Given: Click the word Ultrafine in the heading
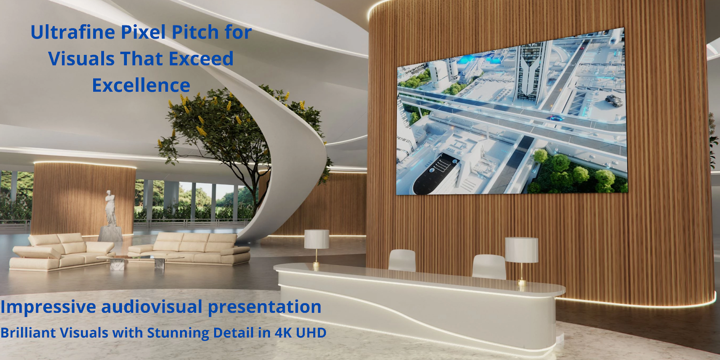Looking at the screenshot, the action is (x=73, y=32).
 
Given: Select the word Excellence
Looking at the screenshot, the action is (x=141, y=85).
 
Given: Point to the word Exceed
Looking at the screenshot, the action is (x=201, y=58).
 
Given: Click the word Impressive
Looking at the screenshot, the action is (x=48, y=307).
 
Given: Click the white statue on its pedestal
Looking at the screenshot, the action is (x=110, y=216).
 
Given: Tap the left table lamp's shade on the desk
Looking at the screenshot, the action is (x=317, y=239).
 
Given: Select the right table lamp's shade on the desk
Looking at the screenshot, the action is (x=522, y=250).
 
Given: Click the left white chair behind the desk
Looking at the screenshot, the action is (x=402, y=261).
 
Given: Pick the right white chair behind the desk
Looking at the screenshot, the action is (x=489, y=266).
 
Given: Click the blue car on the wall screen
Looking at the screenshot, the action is (x=556, y=117).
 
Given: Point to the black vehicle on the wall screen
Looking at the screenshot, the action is (x=614, y=100).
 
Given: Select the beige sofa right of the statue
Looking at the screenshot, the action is (x=189, y=248).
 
